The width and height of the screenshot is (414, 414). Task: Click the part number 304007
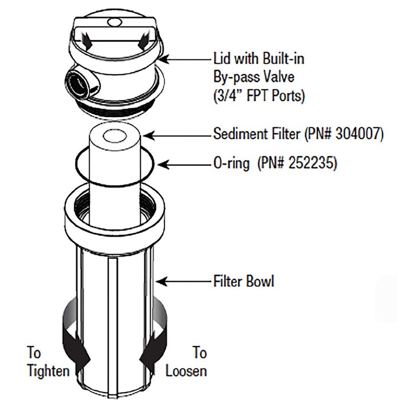(x=358, y=134)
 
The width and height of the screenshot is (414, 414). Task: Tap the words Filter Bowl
(x=244, y=281)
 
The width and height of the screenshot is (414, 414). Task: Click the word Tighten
(x=49, y=371)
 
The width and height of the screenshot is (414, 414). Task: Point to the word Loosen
(x=186, y=371)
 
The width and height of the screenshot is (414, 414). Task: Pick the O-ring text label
(x=231, y=164)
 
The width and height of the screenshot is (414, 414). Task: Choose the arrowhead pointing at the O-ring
(x=164, y=165)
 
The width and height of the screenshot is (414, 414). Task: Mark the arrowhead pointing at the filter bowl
(x=161, y=282)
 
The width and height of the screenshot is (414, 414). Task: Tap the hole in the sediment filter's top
(x=114, y=137)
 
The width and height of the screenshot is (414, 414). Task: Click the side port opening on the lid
(x=77, y=84)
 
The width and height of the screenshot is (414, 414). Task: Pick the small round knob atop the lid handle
(x=114, y=22)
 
